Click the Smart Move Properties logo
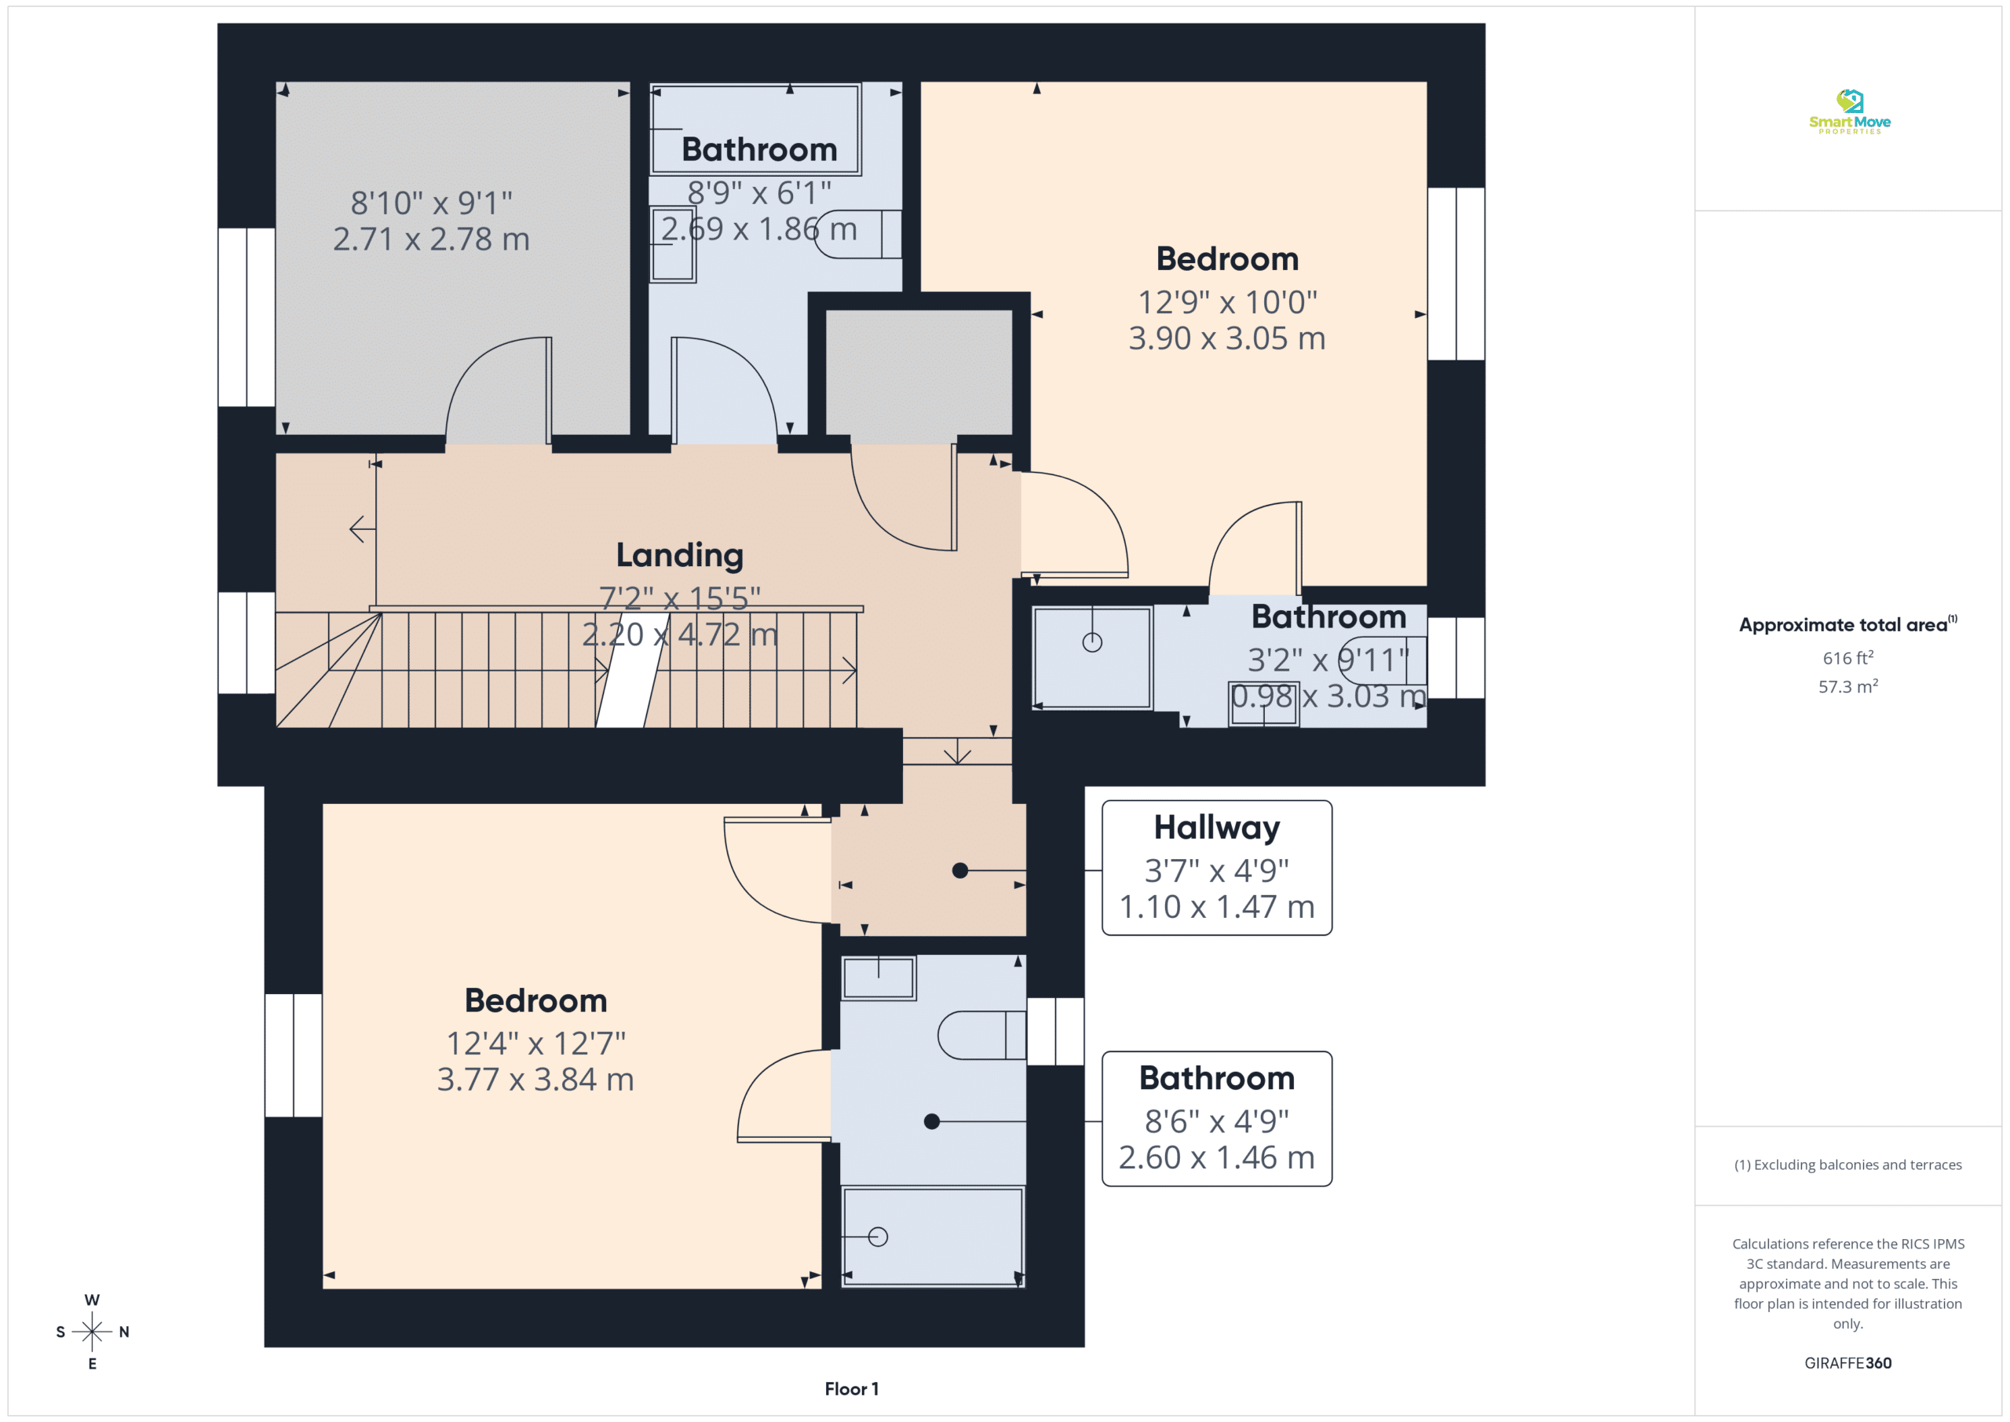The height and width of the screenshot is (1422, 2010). pos(1849,112)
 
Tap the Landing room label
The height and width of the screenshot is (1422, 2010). pos(679,555)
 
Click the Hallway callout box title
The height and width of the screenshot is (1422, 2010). pos(1216,828)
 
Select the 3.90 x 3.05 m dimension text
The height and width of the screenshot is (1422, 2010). pos(1226,338)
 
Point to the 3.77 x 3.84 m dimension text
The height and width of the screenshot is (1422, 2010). pos(535,1080)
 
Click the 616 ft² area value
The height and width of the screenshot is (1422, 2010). pos(1848,657)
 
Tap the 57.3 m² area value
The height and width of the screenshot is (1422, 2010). pos(1848,686)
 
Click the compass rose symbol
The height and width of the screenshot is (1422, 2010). pos(92,1332)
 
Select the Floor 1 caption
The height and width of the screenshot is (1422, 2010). pos(851,1389)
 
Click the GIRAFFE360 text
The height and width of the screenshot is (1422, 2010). pos(1847,1363)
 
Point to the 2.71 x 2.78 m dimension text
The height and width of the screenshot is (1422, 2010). pos(431,239)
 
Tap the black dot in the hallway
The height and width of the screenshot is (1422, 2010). pos(959,870)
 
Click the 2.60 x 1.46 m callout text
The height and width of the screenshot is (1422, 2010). pos(1216,1157)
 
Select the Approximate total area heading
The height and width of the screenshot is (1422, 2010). pos(1847,624)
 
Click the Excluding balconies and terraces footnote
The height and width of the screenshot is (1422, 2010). pos(1847,1164)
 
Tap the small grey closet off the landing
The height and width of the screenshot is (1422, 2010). pos(919,372)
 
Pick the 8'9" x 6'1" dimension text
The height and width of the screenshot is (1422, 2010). pos(759,192)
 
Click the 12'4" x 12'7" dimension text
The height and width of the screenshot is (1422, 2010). pos(535,1044)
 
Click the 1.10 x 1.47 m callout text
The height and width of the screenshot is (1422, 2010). pos(1216,907)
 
